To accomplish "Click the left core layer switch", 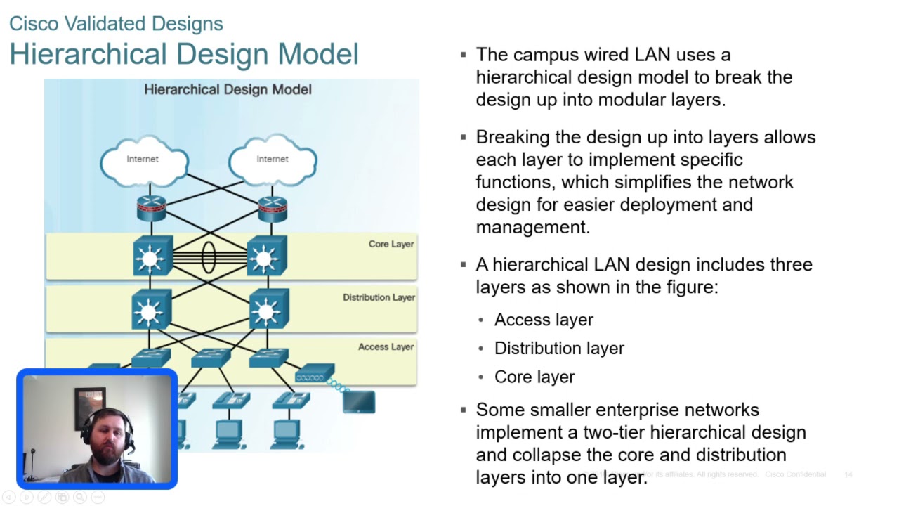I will tap(152, 257).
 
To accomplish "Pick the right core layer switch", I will tap(266, 257).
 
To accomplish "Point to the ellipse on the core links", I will tap(209, 257).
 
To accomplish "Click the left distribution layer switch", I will tap(151, 309).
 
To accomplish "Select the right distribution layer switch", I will tap(268, 309).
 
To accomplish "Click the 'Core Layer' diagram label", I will tap(391, 245).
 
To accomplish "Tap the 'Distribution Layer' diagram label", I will tap(379, 297).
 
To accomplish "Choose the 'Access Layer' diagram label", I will tap(386, 346).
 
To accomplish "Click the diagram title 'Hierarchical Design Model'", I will tap(228, 90).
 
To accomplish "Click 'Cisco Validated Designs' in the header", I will tap(116, 24).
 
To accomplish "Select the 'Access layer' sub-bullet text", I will tap(544, 320).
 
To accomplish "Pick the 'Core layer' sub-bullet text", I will tap(534, 377).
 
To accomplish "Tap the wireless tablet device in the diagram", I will tap(359, 402).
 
